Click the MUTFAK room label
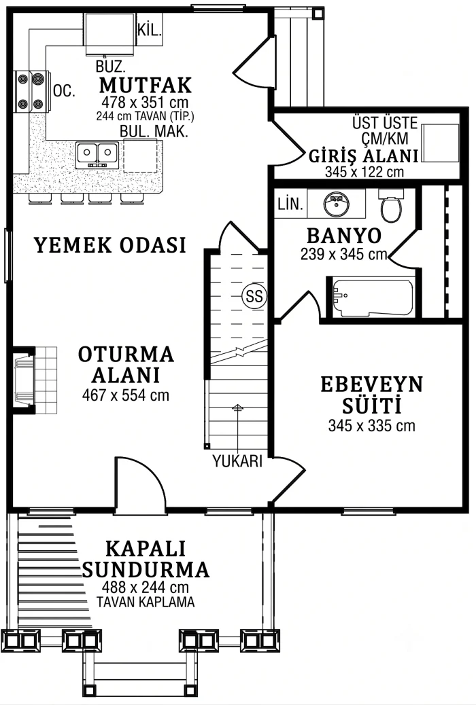[x=146, y=86]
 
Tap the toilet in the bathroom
[x=391, y=205]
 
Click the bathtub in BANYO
[x=373, y=297]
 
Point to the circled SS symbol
[x=254, y=296]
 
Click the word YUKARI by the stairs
[x=237, y=462]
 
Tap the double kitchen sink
[x=97, y=153]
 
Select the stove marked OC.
[x=31, y=92]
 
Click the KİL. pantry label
[x=149, y=31]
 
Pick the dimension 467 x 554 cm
[x=126, y=395]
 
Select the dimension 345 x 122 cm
[x=364, y=172]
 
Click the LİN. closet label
[x=290, y=204]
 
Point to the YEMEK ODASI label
[x=110, y=245]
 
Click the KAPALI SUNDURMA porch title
[x=146, y=560]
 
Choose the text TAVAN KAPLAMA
[x=146, y=602]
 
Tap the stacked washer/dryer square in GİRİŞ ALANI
[x=440, y=143]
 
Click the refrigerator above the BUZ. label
[x=111, y=34]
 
